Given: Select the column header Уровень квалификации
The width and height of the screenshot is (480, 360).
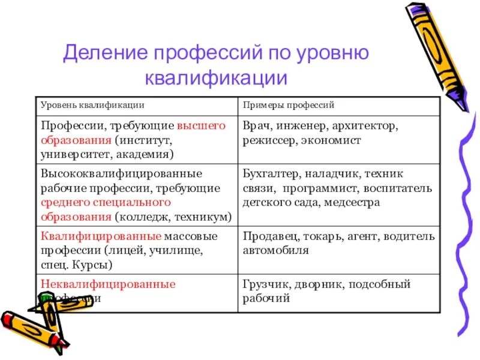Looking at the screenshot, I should (92, 105).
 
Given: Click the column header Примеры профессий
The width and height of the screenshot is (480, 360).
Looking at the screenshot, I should (289, 105).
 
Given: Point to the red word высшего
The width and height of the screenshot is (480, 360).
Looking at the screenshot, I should (202, 126).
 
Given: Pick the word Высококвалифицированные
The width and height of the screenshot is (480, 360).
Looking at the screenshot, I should (121, 174).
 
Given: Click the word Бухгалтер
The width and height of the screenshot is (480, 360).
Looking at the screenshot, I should (272, 174).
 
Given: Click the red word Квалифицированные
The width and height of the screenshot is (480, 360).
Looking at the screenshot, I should (101, 236).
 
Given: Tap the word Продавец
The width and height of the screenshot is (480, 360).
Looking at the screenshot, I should (268, 236).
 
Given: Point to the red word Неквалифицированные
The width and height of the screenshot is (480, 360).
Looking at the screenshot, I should (108, 284).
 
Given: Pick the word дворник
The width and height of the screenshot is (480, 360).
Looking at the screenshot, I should (317, 284).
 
